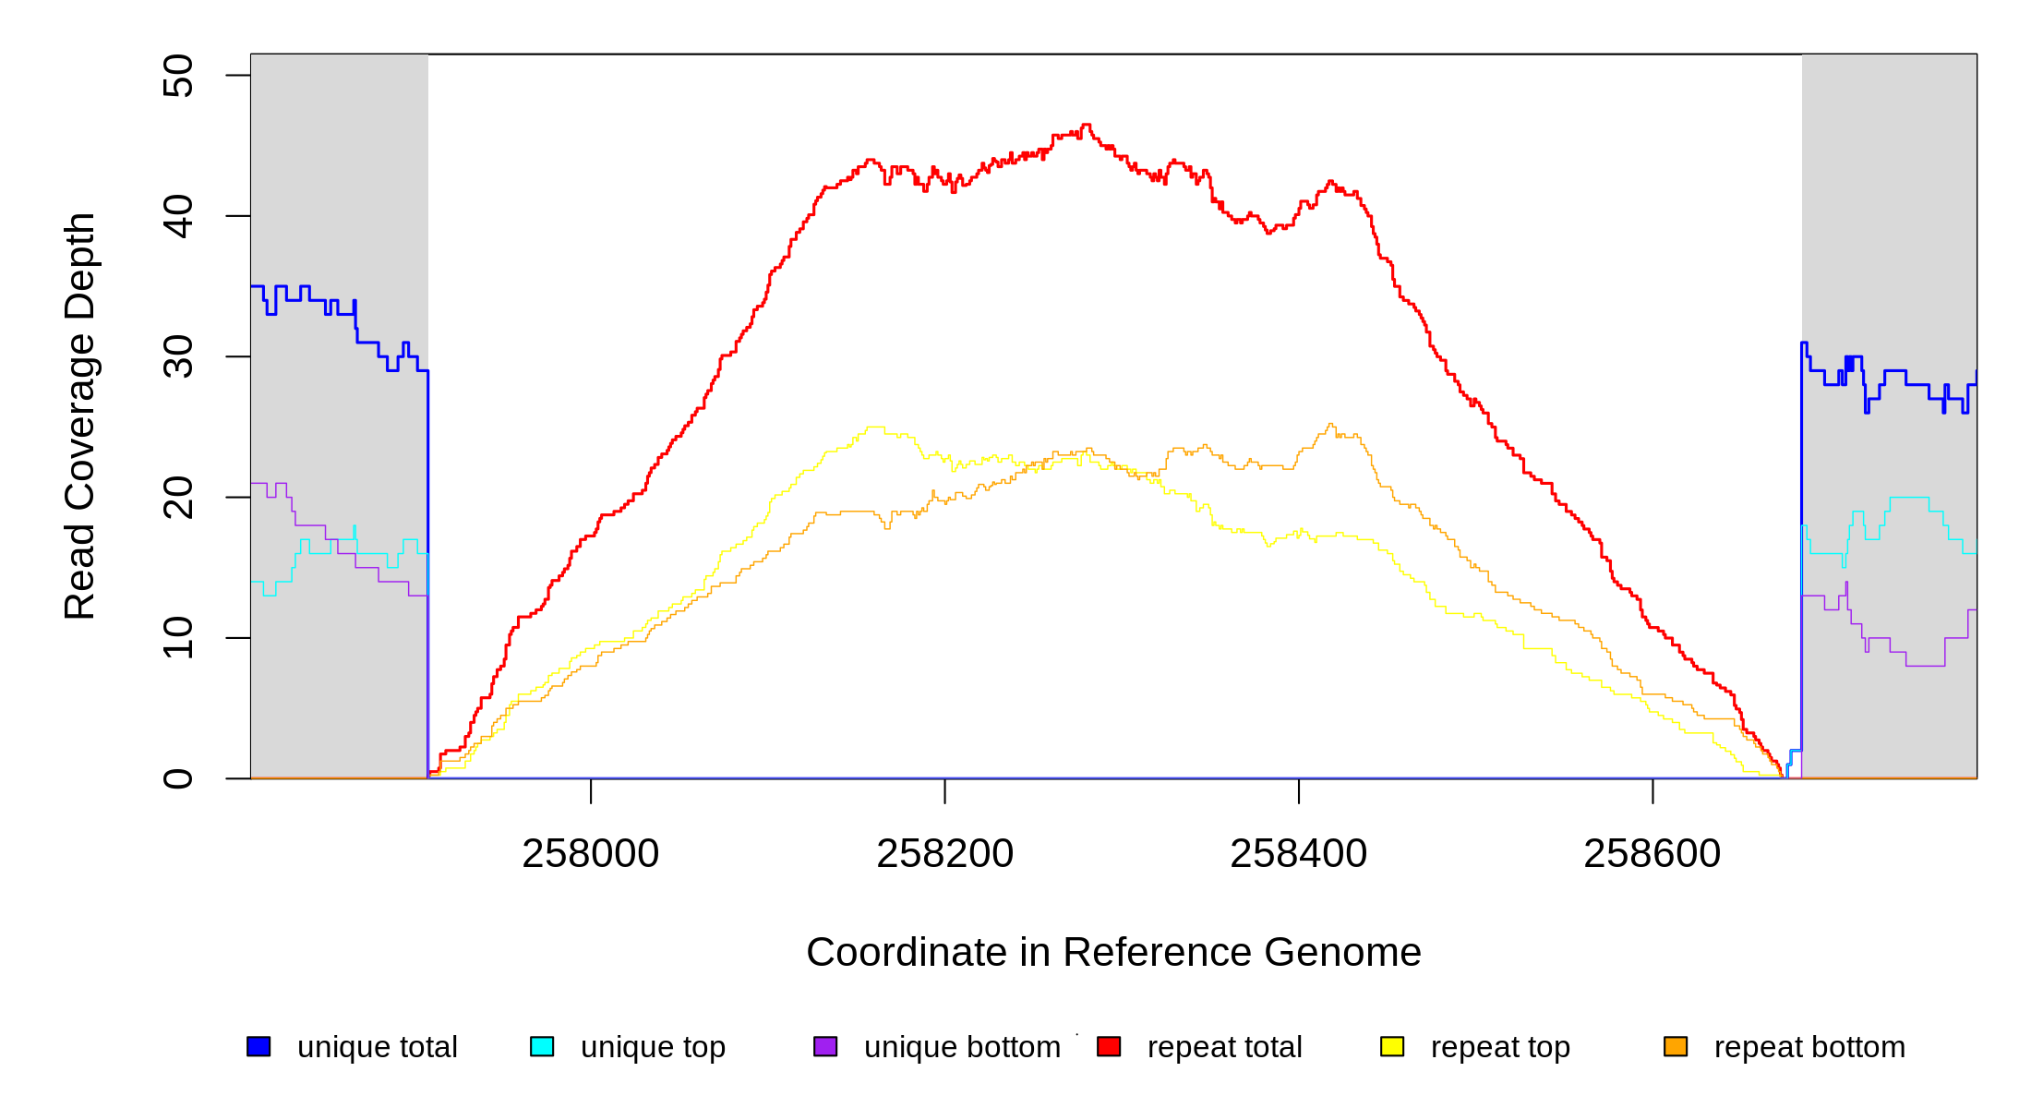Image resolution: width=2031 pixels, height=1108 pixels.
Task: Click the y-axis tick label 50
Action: pos(178,76)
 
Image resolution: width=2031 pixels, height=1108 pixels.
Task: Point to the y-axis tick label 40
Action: pos(178,216)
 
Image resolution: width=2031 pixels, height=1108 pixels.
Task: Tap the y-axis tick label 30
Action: pos(178,356)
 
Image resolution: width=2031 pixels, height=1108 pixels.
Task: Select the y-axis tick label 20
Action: pos(178,497)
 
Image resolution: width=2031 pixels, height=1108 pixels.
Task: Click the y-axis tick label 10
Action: pos(178,637)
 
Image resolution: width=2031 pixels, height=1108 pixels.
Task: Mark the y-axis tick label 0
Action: pos(178,778)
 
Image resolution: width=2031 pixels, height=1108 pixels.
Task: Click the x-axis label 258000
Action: pos(591,854)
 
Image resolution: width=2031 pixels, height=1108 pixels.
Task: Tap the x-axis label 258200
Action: pos(944,854)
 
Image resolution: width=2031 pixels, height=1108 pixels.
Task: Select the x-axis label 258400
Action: pos(1299,854)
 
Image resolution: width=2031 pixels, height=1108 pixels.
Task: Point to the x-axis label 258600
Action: pos(1652,854)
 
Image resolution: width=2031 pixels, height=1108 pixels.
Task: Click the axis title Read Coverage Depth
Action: pos(80,416)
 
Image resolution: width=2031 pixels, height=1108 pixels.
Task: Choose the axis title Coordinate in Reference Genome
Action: pos(1113,952)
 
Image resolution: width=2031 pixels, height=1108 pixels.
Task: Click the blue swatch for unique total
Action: pos(258,1046)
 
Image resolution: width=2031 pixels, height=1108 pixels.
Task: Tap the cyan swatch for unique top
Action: pos(542,1046)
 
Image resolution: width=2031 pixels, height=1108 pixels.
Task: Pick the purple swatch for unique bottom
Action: pos(825,1046)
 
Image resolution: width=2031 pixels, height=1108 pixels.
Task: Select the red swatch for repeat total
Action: pos(1109,1046)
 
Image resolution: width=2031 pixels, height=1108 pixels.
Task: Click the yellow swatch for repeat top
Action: pos(1392,1046)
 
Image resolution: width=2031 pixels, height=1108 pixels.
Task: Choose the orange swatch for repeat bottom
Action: pos(1676,1046)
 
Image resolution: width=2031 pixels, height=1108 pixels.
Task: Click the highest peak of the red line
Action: pos(1086,125)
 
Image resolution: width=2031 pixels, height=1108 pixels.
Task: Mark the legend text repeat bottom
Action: pos(1809,1047)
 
